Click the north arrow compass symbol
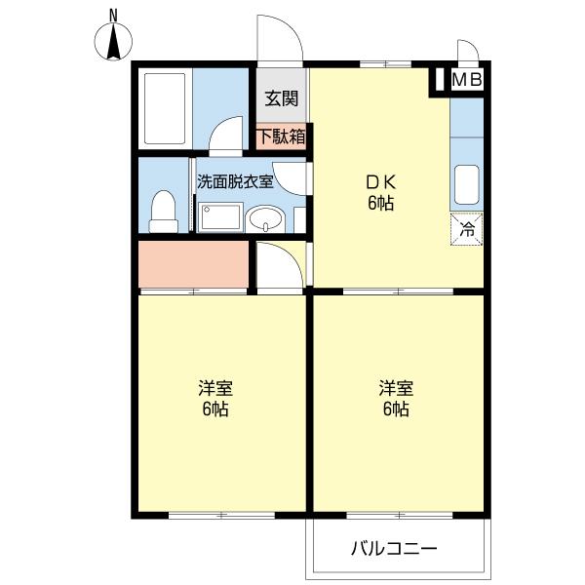coord(114,40)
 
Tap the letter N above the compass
coord(114,15)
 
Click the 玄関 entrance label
coord(282,98)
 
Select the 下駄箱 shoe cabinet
coord(282,136)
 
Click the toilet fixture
coord(164,208)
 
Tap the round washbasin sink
coord(262,218)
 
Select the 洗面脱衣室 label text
coord(236,180)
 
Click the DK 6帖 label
coord(380,192)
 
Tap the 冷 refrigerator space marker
coord(467,230)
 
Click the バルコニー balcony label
coord(395,548)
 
